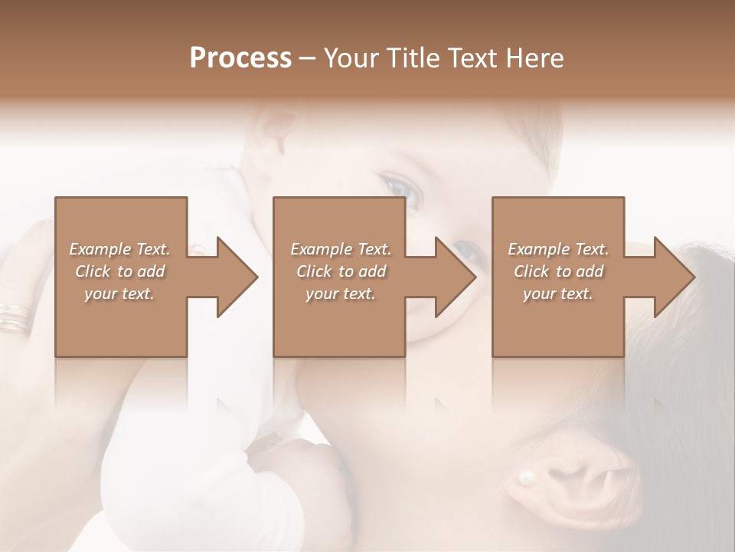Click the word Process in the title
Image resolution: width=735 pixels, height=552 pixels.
(240, 58)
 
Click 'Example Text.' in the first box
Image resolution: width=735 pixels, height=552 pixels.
(120, 249)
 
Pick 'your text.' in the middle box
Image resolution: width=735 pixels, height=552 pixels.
(340, 294)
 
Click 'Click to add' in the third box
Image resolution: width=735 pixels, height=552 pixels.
(559, 271)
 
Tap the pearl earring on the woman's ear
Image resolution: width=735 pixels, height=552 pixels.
(526, 478)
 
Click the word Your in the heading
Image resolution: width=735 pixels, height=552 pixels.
(350, 58)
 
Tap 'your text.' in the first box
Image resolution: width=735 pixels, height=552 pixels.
(119, 294)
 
